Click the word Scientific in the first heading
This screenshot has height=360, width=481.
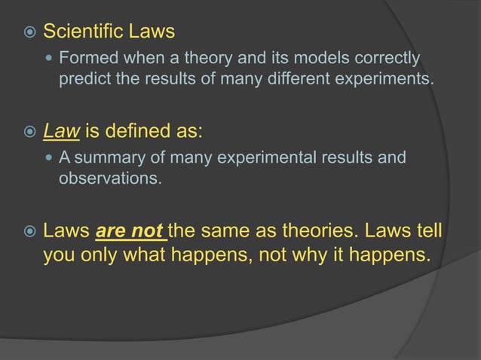tap(78, 32)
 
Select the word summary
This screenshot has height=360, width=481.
tap(103, 159)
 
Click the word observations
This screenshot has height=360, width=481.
tap(109, 178)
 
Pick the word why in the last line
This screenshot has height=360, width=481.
tap(318, 255)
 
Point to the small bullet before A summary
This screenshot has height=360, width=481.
tap(50, 159)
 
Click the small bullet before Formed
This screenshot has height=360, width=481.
tap(50, 59)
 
